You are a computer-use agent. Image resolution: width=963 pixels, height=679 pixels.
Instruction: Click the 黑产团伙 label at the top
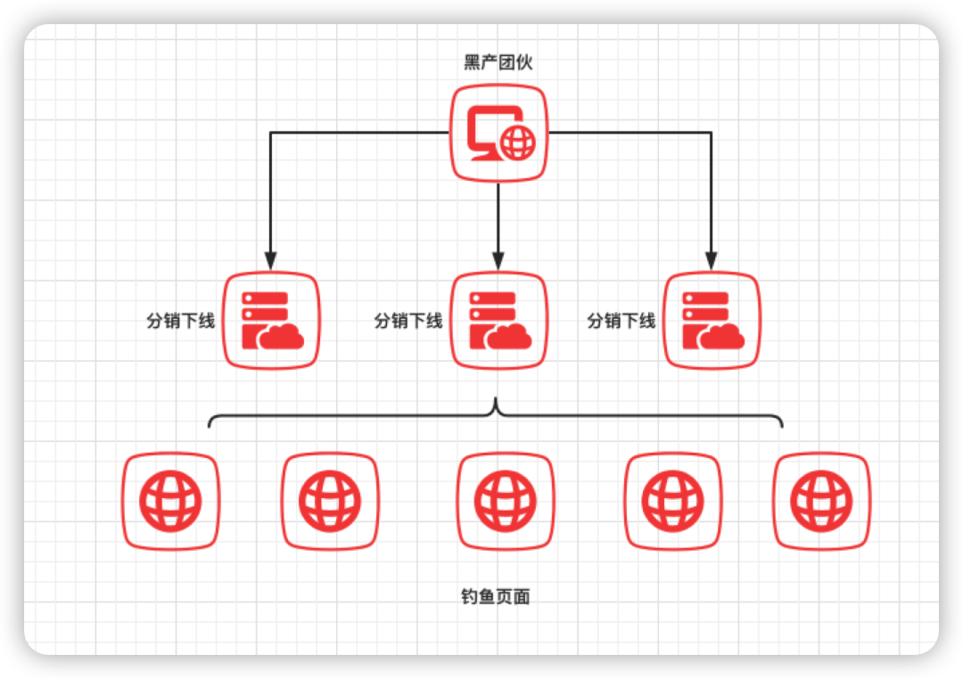tap(498, 62)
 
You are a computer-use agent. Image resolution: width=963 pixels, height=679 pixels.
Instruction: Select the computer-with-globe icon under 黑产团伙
tap(498, 133)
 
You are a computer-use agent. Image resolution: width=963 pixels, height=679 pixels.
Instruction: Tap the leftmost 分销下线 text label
tap(180, 321)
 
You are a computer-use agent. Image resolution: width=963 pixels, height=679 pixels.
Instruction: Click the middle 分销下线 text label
tap(408, 321)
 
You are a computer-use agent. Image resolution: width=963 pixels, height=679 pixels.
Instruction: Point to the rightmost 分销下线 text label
tap(621, 321)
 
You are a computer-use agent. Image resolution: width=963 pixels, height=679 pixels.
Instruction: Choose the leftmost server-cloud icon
tap(271, 321)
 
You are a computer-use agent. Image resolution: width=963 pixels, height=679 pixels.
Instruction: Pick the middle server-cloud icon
tap(498, 321)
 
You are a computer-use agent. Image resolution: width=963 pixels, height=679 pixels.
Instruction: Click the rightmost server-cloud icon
tap(712, 321)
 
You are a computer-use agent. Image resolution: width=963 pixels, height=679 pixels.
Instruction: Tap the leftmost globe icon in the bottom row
tap(170, 501)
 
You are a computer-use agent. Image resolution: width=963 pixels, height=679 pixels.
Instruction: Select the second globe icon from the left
tap(330, 501)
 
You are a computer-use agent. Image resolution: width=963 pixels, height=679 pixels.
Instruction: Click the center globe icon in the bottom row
tap(506, 501)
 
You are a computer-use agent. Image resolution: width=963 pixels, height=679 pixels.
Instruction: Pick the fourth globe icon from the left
tap(672, 501)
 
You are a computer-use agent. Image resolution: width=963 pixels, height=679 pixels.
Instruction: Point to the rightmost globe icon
tap(821, 501)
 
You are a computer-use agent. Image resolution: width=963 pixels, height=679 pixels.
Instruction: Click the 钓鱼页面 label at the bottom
tap(496, 596)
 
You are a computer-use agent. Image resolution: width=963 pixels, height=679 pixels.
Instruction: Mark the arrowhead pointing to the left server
tap(271, 261)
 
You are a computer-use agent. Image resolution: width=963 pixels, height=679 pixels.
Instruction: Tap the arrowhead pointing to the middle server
tap(498, 261)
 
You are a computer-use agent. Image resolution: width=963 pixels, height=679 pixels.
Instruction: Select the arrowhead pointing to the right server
tap(712, 261)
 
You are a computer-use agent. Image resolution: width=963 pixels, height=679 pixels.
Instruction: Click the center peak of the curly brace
tap(496, 399)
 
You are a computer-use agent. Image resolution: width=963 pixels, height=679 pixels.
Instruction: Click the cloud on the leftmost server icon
tap(281, 337)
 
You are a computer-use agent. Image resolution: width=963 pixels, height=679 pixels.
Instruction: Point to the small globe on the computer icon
tap(518, 143)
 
